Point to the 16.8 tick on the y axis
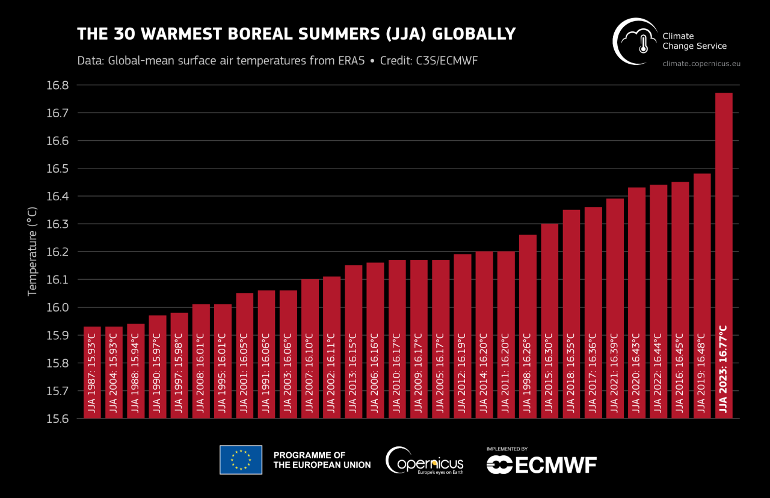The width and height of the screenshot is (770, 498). click(x=58, y=85)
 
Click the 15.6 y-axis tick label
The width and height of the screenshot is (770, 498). click(x=58, y=419)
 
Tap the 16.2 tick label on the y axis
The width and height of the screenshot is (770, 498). click(x=58, y=252)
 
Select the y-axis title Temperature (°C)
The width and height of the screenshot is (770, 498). click(x=32, y=251)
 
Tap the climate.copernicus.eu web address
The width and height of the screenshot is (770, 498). click(x=701, y=63)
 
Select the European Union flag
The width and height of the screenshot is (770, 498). click(x=241, y=460)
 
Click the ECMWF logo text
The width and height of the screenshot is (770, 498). click(x=541, y=464)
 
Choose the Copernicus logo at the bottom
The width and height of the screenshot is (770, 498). click(x=425, y=461)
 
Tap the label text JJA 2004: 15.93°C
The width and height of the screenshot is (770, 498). click(x=114, y=373)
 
